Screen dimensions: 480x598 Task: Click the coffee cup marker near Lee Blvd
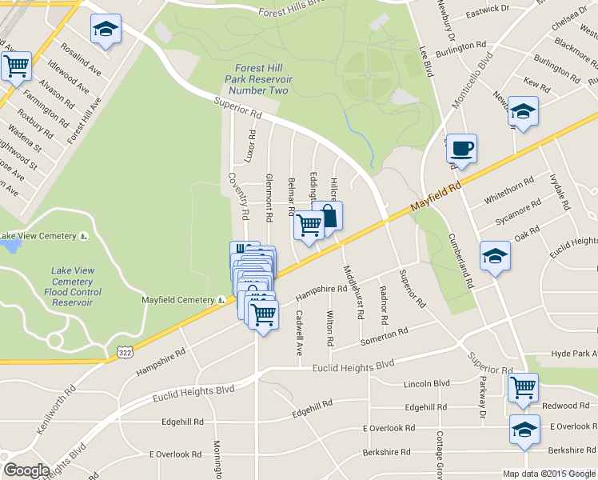pyautogui.click(x=461, y=148)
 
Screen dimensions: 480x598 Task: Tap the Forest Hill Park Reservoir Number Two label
pyautogui.click(x=261, y=79)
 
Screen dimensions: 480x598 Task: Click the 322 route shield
pyautogui.click(x=124, y=352)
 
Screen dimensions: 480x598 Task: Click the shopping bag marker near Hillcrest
pyautogui.click(x=328, y=215)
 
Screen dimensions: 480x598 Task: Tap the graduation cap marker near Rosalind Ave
pyautogui.click(x=105, y=29)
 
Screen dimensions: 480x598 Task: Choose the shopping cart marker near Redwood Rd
pyautogui.click(x=523, y=388)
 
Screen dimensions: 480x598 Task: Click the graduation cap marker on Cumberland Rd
pyautogui.click(x=496, y=257)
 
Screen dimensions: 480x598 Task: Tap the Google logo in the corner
pyautogui.click(x=26, y=470)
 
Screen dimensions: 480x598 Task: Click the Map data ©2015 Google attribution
pyautogui.click(x=548, y=474)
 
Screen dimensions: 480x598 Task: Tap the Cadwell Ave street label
pyautogui.click(x=299, y=333)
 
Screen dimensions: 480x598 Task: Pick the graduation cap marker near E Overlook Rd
pyautogui.click(x=524, y=430)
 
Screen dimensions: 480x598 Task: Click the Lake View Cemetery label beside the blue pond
pyautogui.click(x=40, y=236)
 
